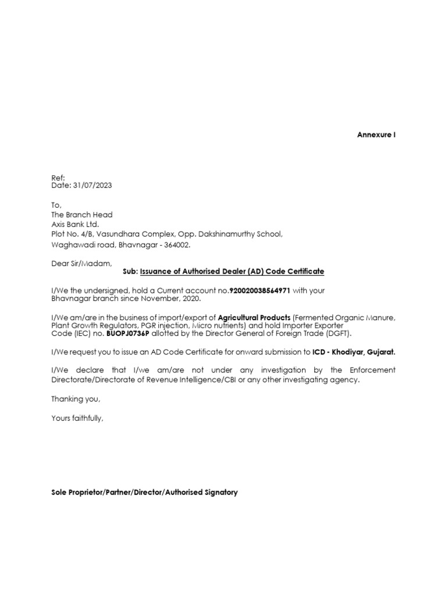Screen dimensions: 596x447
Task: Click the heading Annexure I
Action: (x=376, y=135)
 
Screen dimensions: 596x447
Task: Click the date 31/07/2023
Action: (x=93, y=186)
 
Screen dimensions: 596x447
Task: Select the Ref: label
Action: (x=58, y=178)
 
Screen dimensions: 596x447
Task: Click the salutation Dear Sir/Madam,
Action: (x=81, y=264)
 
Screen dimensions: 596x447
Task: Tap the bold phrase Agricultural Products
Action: (x=254, y=317)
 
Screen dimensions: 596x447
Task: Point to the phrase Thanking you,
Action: (x=76, y=399)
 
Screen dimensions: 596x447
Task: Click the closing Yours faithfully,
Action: (x=77, y=418)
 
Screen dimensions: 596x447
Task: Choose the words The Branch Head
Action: (x=81, y=214)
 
